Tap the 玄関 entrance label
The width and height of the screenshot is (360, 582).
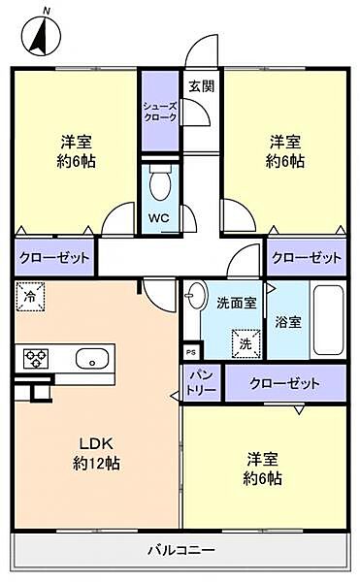click(x=201, y=85)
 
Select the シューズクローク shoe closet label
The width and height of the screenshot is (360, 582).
click(x=159, y=111)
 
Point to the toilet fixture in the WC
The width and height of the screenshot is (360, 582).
click(x=160, y=181)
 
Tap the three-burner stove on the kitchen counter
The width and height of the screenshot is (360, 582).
click(x=36, y=358)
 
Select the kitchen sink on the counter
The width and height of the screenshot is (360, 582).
click(x=93, y=357)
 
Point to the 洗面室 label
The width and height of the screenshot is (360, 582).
click(x=236, y=302)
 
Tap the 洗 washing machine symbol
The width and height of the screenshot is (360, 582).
click(x=245, y=342)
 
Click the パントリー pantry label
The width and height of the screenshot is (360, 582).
click(x=201, y=381)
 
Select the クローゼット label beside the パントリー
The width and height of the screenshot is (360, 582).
click(x=284, y=383)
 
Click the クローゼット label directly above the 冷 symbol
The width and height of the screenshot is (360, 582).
click(x=53, y=258)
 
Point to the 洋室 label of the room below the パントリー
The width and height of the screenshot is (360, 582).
click(x=264, y=466)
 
